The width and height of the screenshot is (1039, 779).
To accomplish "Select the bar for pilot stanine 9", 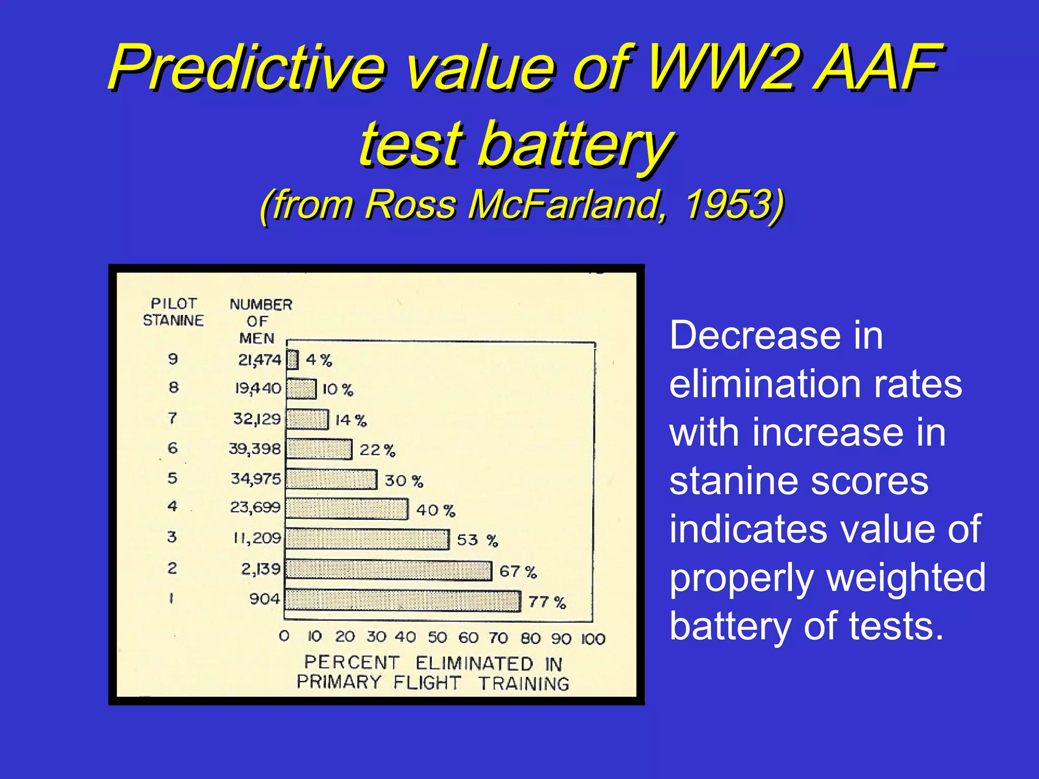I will [x=292, y=360].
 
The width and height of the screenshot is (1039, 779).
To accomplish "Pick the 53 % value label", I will [x=477, y=540].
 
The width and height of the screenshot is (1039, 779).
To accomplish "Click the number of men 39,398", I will [x=255, y=449].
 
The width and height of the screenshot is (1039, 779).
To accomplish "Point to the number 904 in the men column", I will [x=264, y=599].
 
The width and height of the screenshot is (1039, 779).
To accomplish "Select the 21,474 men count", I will [x=259, y=360].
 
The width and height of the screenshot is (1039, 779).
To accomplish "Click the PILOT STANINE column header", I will [x=173, y=312].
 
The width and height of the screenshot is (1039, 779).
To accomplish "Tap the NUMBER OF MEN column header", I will [x=260, y=321].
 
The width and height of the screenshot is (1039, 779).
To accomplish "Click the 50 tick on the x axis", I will [x=437, y=638].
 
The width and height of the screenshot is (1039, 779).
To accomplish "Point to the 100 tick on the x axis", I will [x=593, y=639].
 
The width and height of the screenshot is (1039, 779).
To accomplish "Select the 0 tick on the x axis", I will [x=284, y=636].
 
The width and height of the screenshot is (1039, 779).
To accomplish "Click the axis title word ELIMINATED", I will [x=474, y=663].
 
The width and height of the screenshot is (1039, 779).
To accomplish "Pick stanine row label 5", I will [x=172, y=478].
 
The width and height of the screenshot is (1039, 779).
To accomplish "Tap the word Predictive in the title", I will [x=247, y=67].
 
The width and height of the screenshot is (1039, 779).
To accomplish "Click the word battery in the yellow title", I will [x=576, y=144].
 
